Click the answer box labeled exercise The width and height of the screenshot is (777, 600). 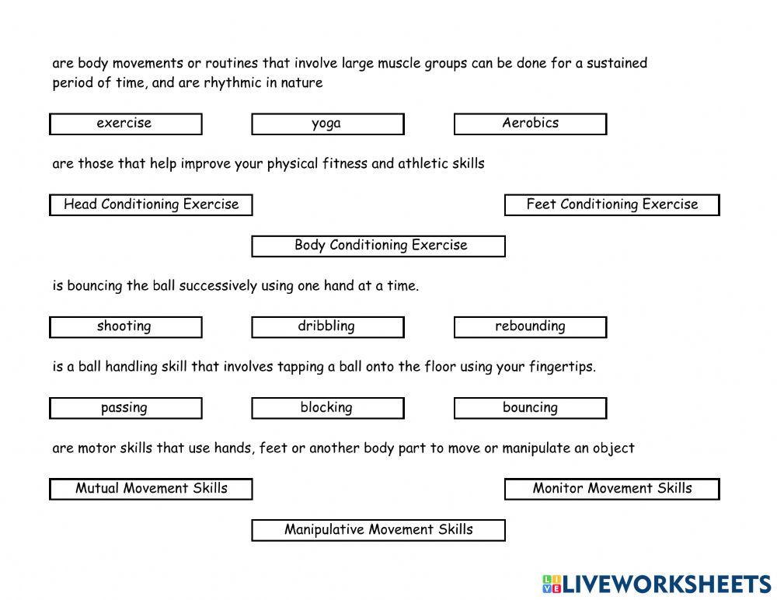click(125, 124)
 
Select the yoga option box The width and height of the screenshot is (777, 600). click(327, 124)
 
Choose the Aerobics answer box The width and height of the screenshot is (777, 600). click(530, 124)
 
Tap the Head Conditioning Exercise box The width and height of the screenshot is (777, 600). click(151, 204)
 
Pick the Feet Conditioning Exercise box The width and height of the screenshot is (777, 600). click(611, 204)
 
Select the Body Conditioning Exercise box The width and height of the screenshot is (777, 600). click(378, 246)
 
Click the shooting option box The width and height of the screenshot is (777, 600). click(125, 326)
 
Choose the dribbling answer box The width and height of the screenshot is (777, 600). click(327, 326)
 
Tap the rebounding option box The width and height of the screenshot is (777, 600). click(530, 326)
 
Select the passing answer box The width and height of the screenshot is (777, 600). click(125, 408)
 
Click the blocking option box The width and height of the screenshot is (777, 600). click(327, 408)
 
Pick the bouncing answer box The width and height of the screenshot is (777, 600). click(530, 408)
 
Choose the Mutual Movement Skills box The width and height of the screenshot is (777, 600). click(151, 489)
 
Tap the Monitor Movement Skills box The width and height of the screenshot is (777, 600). click(611, 489)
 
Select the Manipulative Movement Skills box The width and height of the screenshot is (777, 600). click(378, 530)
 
